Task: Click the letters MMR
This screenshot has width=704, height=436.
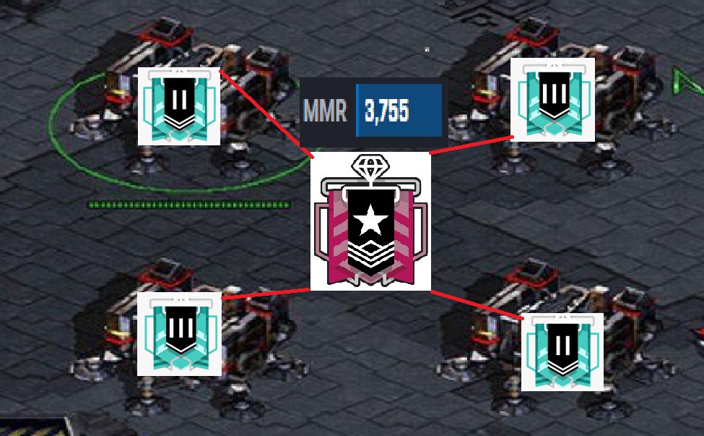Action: click(325, 110)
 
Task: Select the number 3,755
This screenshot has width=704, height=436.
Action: click(387, 111)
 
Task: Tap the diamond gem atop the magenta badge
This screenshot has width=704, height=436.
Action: click(370, 166)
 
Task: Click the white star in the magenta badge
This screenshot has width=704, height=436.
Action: click(370, 220)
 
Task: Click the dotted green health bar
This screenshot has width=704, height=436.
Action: click(189, 205)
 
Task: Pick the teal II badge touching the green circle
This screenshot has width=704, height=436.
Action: click(178, 106)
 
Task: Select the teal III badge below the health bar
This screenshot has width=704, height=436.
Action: click(179, 334)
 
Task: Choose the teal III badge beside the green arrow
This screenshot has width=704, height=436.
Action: click(552, 100)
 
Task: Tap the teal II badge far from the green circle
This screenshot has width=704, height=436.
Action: click(562, 352)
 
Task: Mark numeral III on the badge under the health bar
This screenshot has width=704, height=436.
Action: click(181, 328)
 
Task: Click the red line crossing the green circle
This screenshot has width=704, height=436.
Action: click(266, 114)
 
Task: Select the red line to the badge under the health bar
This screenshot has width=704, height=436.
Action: click(266, 294)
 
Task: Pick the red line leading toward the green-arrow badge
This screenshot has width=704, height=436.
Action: click(471, 145)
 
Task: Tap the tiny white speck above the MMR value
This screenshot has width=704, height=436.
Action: click(427, 49)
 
